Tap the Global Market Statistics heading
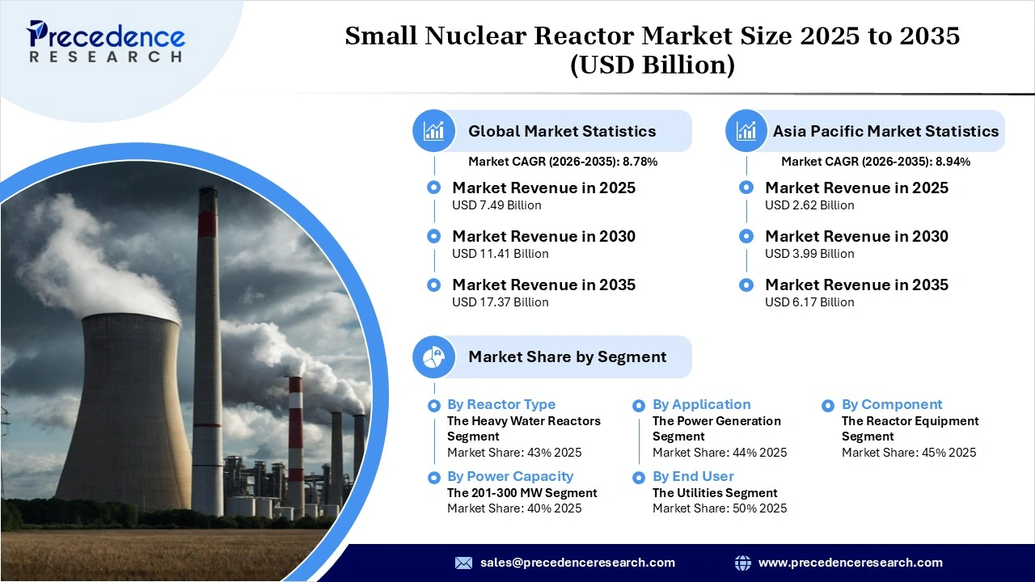point(562,131)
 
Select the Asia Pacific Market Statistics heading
point(885,131)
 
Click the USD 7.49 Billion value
point(496,205)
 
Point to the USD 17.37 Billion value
point(500,302)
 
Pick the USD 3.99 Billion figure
point(809,254)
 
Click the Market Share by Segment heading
point(567,356)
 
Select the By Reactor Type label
point(501,404)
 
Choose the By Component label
point(892,404)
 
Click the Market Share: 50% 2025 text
point(719,508)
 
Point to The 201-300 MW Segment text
point(522,492)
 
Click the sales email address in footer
point(577,563)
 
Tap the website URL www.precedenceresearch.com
point(850,563)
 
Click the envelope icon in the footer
point(463,563)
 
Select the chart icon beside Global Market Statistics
point(434,131)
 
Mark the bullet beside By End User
point(639,477)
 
